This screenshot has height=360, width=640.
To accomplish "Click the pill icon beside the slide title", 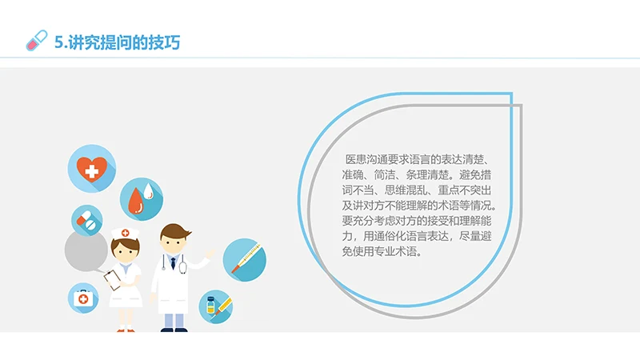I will (37, 40).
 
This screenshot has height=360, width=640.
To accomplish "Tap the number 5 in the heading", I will (58, 42).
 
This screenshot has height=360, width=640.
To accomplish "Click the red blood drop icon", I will (141, 199).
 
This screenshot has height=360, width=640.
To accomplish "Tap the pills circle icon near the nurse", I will (87, 220).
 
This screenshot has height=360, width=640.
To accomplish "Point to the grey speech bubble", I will (86, 250).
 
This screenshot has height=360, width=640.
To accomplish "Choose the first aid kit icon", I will (83, 298).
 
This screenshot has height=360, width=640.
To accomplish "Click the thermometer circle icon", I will (243, 259).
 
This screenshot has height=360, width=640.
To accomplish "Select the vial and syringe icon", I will (215, 306).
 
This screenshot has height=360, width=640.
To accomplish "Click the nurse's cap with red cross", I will (125, 232).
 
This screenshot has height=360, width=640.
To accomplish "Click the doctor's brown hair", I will (175, 230).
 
